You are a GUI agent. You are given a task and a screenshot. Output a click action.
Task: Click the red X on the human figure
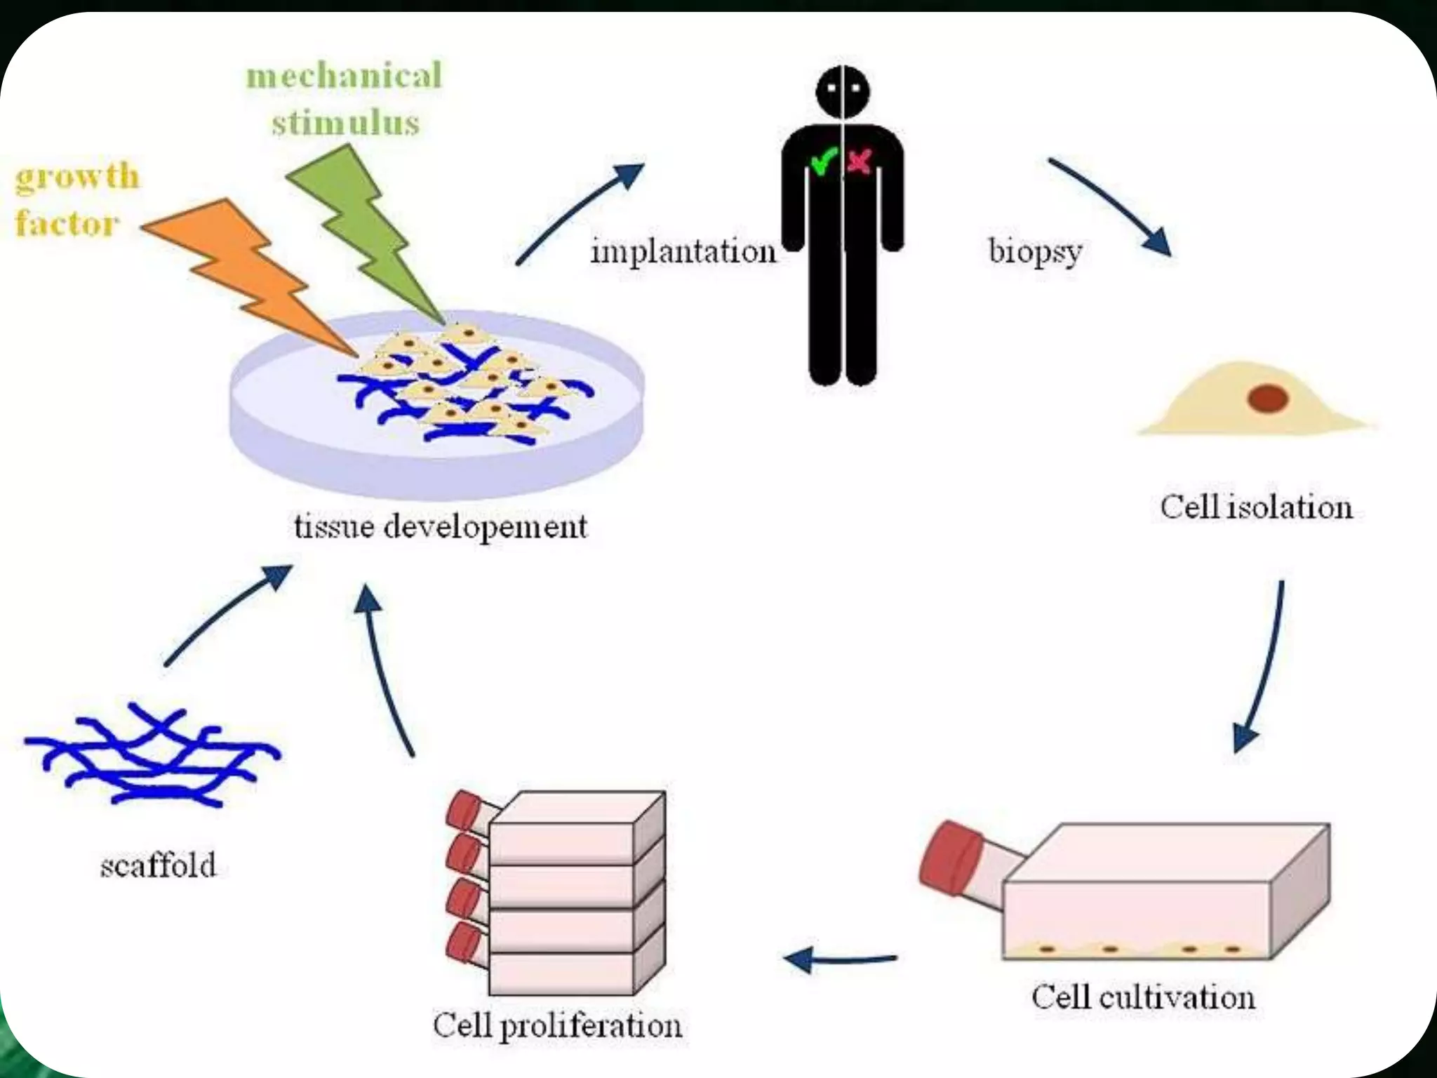[x=860, y=162]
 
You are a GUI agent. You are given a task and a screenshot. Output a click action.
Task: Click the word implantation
[x=683, y=251]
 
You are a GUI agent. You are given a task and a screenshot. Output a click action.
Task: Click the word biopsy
[x=1035, y=251]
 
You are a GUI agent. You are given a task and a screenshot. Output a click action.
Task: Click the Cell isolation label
[x=1256, y=507]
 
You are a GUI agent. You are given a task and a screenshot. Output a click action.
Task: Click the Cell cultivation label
[x=1143, y=997]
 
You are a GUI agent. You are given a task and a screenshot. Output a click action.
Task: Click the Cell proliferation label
[x=557, y=1025]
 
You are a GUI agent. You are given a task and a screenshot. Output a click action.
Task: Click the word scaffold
[x=158, y=865]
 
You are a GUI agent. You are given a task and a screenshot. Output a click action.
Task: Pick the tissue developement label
[x=440, y=526]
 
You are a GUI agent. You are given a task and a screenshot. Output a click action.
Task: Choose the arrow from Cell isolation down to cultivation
[x=1263, y=667]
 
